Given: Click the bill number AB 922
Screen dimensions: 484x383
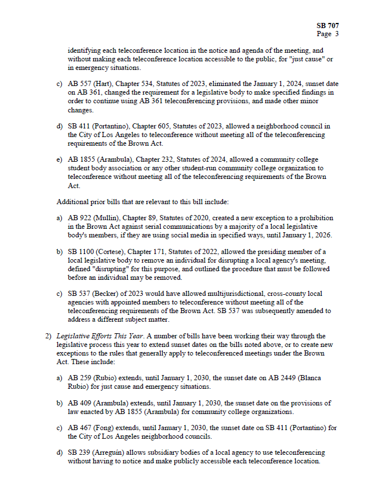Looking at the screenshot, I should [79, 218].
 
